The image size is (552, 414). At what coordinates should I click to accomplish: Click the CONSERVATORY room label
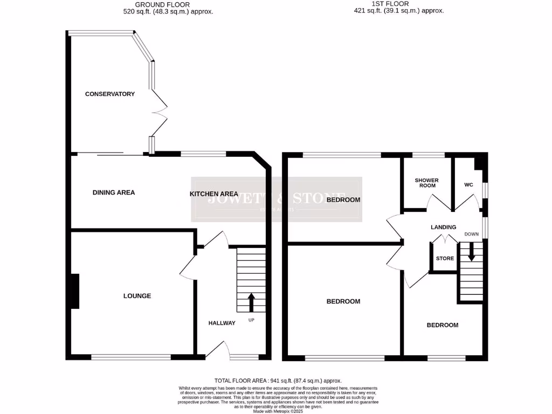[110, 94]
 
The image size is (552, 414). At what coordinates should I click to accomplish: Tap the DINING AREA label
[114, 192]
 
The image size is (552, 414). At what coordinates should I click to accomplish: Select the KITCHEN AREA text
[214, 194]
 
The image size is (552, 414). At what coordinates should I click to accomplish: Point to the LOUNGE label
[137, 296]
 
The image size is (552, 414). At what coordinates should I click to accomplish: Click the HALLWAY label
[222, 323]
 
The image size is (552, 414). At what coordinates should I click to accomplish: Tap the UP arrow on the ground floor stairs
[251, 302]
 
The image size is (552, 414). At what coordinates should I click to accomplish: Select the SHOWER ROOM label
[426, 183]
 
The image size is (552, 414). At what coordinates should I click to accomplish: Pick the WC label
[468, 185]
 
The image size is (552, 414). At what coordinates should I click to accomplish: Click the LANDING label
[443, 227]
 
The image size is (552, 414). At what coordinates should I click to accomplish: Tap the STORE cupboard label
[445, 259]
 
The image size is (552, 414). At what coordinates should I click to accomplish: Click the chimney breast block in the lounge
[74, 291]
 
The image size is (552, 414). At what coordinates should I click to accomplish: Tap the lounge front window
[131, 356]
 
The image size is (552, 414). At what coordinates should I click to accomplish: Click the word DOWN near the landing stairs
[472, 234]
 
